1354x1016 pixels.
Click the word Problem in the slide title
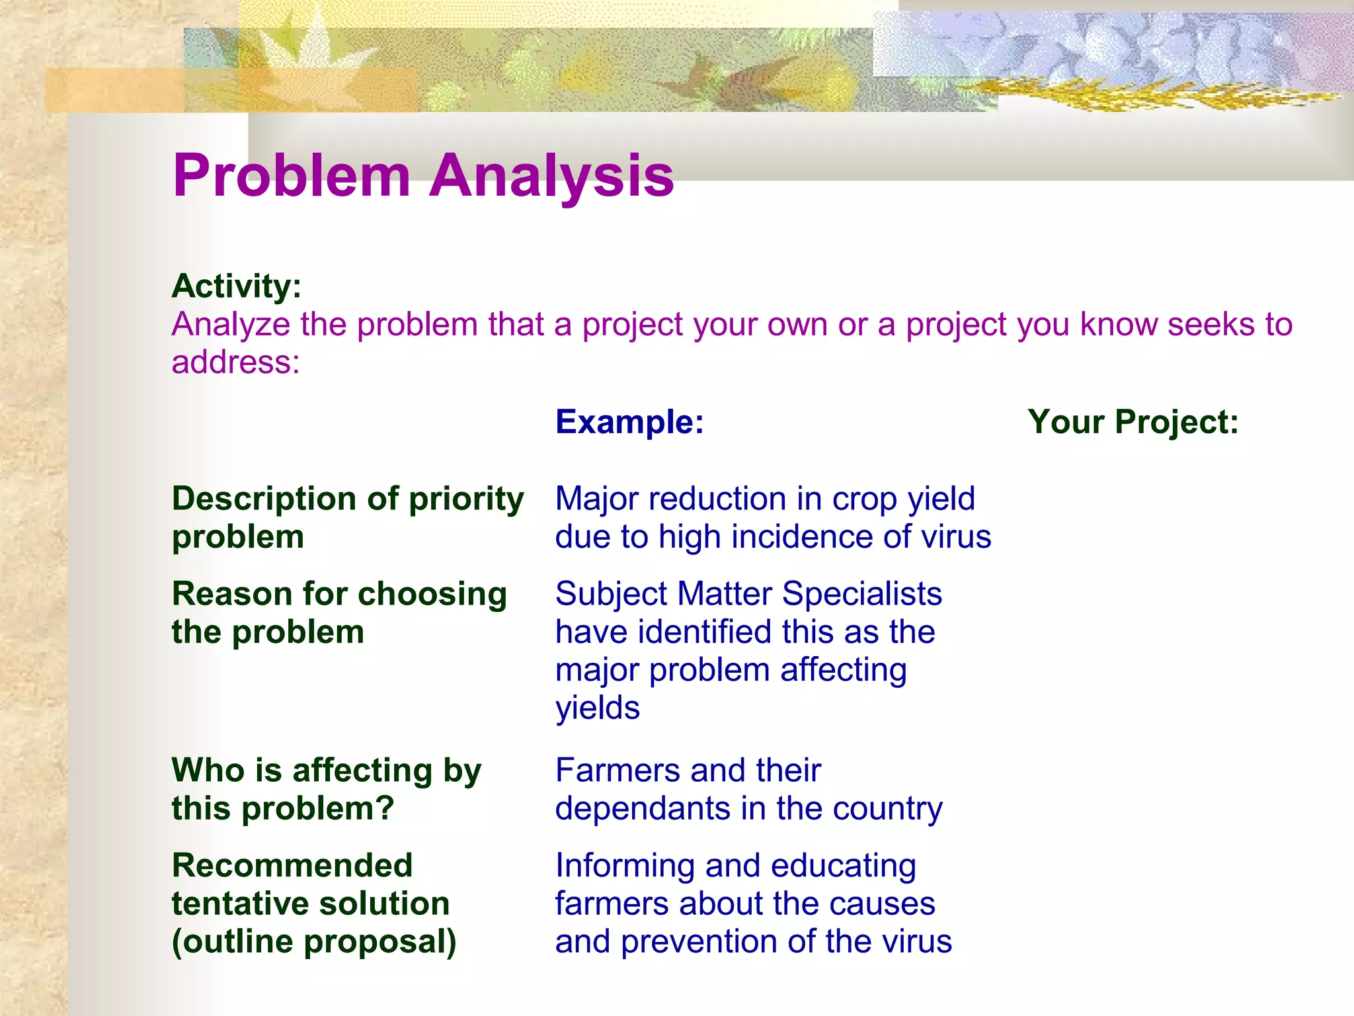292,176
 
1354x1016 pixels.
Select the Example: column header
629,422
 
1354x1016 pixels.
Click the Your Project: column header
1133,422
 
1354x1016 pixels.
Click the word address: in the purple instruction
235,362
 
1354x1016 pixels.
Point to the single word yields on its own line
597,708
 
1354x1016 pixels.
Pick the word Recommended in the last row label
292,866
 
